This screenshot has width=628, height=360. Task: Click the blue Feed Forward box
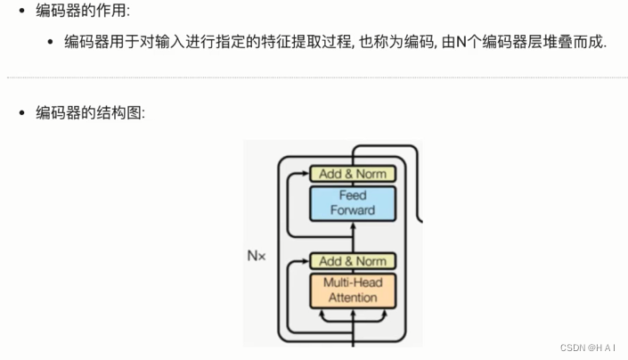coord(352,202)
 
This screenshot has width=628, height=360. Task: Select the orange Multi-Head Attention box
coord(353,290)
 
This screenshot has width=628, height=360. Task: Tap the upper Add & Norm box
coord(352,174)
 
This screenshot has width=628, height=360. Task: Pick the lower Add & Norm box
coord(352,261)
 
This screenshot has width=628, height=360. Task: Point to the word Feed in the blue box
coord(353,195)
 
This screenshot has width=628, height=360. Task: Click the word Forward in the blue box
coord(353,210)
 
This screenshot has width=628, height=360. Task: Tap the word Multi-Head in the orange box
coord(353,282)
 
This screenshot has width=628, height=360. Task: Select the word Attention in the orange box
coord(353,298)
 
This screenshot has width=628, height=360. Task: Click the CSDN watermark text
coord(590,348)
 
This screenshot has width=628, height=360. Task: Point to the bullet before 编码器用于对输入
coord(51,43)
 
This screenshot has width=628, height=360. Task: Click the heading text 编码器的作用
coord(80,12)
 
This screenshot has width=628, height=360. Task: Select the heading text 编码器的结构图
coord(87,113)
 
